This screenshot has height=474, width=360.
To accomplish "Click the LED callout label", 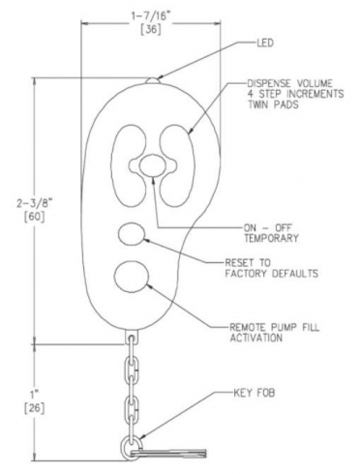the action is coord(265,43).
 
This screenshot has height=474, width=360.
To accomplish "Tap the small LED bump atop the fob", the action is coord(152,80).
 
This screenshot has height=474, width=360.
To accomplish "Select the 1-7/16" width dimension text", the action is coord(151,16).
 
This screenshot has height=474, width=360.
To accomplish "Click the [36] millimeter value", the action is coord(151,29).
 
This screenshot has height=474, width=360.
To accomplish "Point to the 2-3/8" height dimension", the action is coord(35,204).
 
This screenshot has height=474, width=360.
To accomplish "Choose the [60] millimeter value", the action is coord(35,217).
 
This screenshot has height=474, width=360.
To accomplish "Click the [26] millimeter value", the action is coord(35,408).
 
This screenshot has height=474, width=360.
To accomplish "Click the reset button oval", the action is coord(132,234).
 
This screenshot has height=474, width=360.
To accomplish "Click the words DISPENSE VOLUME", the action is coord(289,83).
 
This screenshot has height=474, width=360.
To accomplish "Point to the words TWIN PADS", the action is coord(273,104).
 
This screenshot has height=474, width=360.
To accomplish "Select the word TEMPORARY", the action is coord(271,238).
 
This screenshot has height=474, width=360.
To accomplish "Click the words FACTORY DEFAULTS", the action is coord(272,274).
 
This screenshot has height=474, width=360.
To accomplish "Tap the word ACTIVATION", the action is coord(256,338).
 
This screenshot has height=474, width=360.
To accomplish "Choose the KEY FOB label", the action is coord(255,393).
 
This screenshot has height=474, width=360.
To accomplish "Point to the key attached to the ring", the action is coord(169,453).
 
